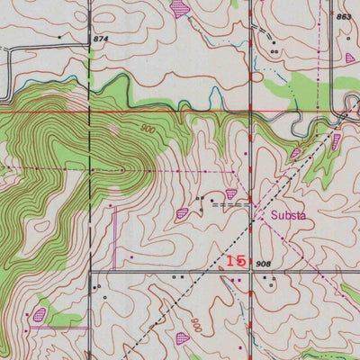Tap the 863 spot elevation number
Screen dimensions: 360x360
(343, 17)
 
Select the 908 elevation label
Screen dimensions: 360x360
(263, 263)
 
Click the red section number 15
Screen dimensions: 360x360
(237, 260)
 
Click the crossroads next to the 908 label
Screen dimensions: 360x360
(249, 269)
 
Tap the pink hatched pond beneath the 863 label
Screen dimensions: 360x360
(350, 58)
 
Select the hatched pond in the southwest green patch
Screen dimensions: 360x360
(39, 314)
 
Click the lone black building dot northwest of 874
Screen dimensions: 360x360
(59, 37)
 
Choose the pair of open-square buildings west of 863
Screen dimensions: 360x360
(273, 52)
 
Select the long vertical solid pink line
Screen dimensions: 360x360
(115, 234)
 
